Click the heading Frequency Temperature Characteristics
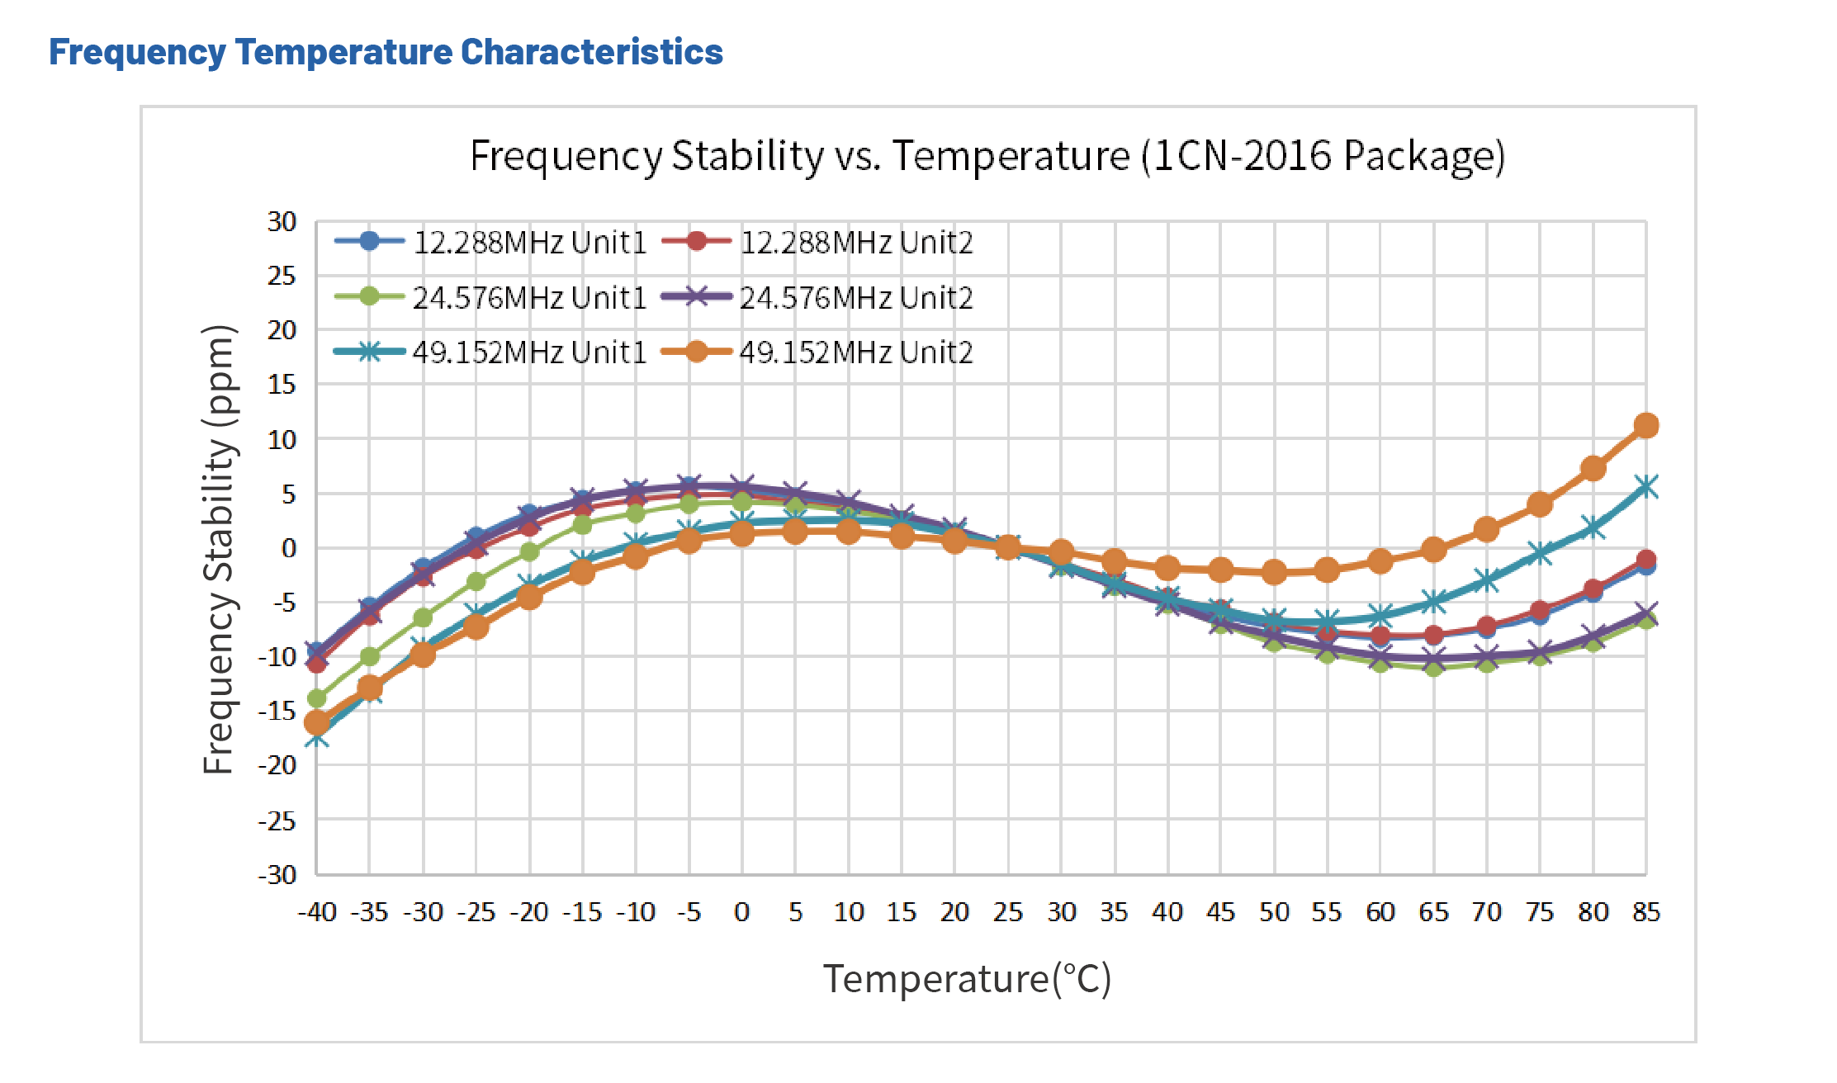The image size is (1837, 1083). tap(386, 52)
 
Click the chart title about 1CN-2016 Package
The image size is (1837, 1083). tap(987, 155)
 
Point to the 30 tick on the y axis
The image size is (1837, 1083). tap(282, 221)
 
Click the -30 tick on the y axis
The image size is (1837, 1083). tap(277, 874)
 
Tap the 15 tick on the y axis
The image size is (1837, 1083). tap(282, 385)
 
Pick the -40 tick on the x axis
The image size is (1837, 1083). tap(317, 912)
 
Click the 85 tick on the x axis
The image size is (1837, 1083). tap(1645, 912)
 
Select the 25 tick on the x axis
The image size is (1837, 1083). tap(1007, 912)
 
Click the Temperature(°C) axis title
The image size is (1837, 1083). tap(967, 979)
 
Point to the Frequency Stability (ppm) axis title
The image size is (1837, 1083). tap(220, 549)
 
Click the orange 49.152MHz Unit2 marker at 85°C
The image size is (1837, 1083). tap(1646, 426)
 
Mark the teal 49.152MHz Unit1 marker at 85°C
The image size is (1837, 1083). tap(1646, 487)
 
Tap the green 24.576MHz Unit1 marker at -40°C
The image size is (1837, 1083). tap(317, 698)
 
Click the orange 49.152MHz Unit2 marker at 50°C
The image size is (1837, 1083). tap(1274, 572)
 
